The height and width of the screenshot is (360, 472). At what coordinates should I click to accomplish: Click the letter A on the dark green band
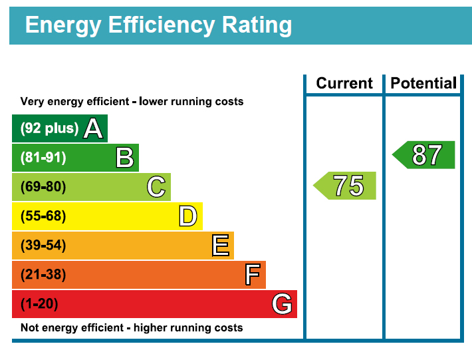(x=93, y=128)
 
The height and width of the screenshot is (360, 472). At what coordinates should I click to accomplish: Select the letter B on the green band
(x=125, y=158)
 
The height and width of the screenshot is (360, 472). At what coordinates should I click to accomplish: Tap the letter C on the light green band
(x=156, y=187)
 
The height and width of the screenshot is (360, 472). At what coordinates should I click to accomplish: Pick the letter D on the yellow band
(x=188, y=216)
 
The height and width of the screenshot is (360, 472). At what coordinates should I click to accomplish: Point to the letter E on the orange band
(x=221, y=246)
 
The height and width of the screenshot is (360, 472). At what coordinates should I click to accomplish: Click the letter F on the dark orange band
(x=252, y=275)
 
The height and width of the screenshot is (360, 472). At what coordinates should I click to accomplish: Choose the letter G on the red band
(x=282, y=304)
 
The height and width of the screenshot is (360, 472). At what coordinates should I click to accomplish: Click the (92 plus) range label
(x=49, y=128)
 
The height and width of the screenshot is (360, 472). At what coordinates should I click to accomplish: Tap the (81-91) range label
(x=43, y=158)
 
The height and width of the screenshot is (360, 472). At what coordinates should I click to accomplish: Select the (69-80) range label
(x=43, y=187)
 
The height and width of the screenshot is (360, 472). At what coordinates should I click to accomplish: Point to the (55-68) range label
(x=43, y=216)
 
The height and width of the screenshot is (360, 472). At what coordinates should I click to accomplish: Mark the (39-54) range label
(x=43, y=246)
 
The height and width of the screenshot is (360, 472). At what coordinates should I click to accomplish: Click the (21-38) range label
(x=43, y=275)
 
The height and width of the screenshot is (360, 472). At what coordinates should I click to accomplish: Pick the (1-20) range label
(x=39, y=304)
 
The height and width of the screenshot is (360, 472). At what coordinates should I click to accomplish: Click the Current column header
(x=344, y=83)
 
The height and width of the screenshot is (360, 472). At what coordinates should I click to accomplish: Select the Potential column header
(x=423, y=83)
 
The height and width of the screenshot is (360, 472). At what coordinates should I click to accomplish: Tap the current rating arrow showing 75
(x=346, y=186)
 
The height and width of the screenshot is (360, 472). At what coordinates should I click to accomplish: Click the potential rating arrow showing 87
(x=425, y=155)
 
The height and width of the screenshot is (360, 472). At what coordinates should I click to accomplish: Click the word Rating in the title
(x=257, y=25)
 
